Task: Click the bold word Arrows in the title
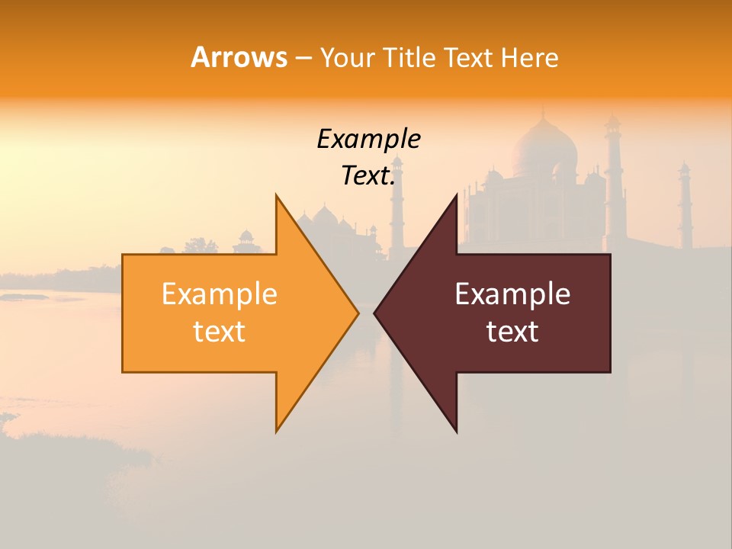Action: [238, 57]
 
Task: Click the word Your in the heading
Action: [346, 58]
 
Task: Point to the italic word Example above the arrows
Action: [368, 140]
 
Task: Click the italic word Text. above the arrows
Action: [368, 176]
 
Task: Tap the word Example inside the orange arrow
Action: [219, 294]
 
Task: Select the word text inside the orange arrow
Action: [219, 332]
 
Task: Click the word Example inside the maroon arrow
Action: [512, 294]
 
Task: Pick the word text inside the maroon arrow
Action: [512, 332]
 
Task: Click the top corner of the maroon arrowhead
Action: [457, 194]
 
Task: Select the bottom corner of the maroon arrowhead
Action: [457, 432]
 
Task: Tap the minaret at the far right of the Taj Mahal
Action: [685, 206]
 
